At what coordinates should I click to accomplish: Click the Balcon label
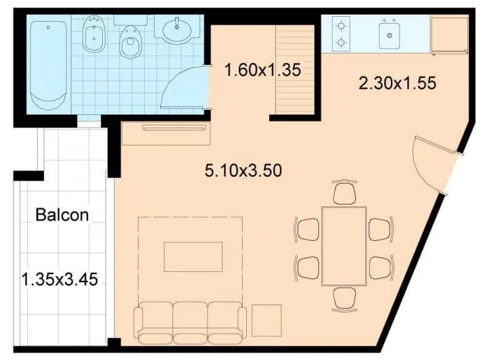[62, 215]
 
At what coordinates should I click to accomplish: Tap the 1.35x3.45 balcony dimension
[60, 279]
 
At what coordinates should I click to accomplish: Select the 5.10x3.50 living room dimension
[243, 171]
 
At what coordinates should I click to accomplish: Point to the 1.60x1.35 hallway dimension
[262, 70]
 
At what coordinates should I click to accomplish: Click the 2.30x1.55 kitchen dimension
[397, 83]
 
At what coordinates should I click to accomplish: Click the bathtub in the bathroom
[49, 66]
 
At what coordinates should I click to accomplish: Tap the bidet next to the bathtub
[93, 34]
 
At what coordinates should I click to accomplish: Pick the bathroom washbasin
[177, 30]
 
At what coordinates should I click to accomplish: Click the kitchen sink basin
[389, 34]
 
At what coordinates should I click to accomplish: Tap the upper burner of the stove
[341, 26]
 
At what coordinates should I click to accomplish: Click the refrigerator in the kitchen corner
[449, 35]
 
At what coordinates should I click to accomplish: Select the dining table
[344, 246]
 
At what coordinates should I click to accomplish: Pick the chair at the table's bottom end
[344, 299]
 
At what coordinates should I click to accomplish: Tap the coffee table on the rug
[193, 257]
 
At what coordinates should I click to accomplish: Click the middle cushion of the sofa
[190, 323]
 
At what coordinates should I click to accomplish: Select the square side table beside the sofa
[266, 321]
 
